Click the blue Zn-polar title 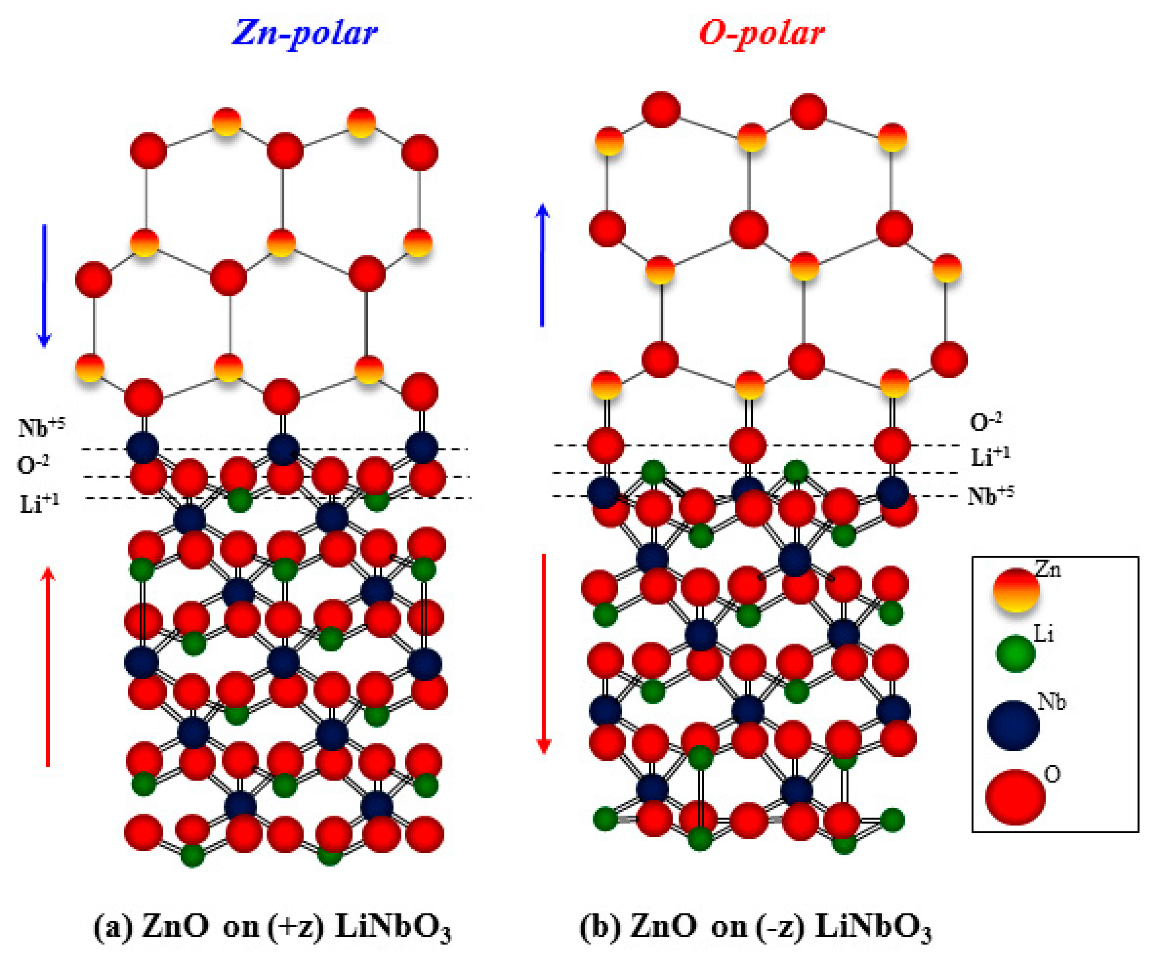305,33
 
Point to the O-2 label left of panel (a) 33,465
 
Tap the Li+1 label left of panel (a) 39,503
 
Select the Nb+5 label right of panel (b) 990,496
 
